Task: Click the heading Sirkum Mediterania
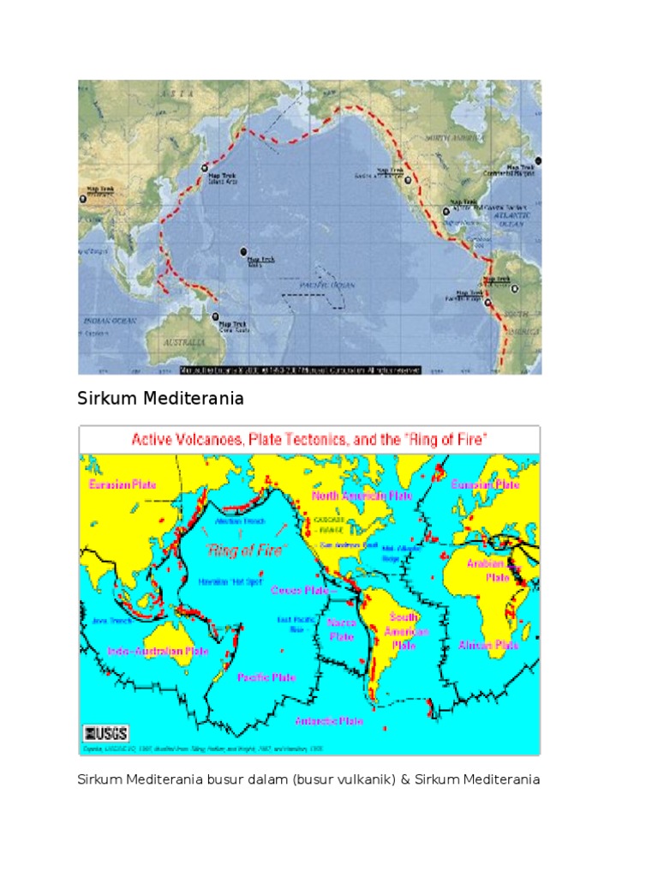click(x=161, y=399)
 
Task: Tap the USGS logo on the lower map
click(x=106, y=732)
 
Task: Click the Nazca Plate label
click(x=341, y=630)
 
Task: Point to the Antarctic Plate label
click(x=329, y=721)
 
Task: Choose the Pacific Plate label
click(x=266, y=677)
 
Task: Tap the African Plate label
click(x=488, y=645)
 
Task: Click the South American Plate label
click(x=404, y=631)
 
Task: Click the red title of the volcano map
click(x=309, y=440)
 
